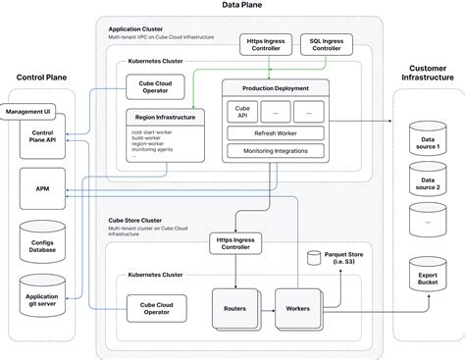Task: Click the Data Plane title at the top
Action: click(x=232, y=7)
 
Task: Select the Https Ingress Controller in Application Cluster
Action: click(x=266, y=44)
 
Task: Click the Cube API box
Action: click(x=241, y=113)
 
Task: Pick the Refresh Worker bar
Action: click(x=274, y=133)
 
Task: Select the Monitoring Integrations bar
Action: click(x=274, y=151)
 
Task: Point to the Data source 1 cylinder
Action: click(x=428, y=140)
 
